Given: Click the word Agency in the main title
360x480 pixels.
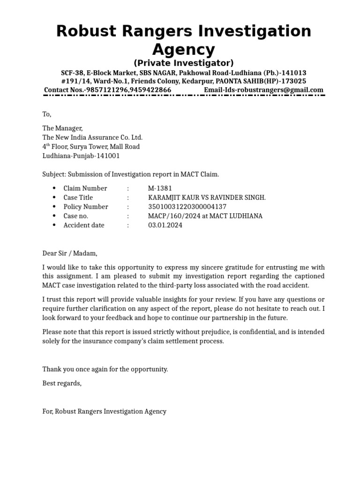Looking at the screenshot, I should click(x=183, y=49).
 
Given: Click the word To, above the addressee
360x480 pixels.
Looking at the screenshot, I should click(x=47, y=114).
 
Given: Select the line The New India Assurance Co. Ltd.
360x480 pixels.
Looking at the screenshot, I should click(x=92, y=137).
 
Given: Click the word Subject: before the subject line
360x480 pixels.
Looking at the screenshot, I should click(x=54, y=174).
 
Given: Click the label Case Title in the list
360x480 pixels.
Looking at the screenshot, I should click(x=78, y=198).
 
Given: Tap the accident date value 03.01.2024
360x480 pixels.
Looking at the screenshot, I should click(x=165, y=225).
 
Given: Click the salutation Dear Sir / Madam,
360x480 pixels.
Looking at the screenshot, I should click(x=70, y=253).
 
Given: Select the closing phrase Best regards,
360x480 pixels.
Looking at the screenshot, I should click(x=62, y=383).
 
